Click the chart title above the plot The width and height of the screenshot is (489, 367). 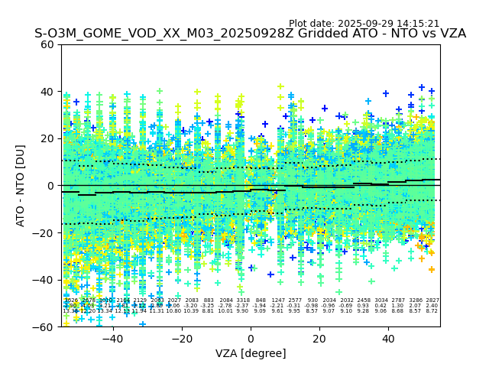click(250, 34)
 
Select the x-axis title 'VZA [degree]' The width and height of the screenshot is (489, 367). click(251, 353)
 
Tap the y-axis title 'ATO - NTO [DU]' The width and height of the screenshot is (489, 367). click(21, 185)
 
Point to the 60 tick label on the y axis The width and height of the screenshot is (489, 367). click(47, 44)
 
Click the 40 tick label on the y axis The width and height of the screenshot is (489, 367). click(47, 92)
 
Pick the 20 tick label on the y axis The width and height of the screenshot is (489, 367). click(47, 138)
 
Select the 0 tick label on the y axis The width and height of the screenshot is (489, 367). click(50, 186)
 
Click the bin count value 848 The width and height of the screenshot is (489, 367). click(261, 300)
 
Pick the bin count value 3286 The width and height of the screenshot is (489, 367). click(416, 300)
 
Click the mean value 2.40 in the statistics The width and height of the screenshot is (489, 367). click(432, 306)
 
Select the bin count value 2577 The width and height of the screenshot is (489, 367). click(295, 300)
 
